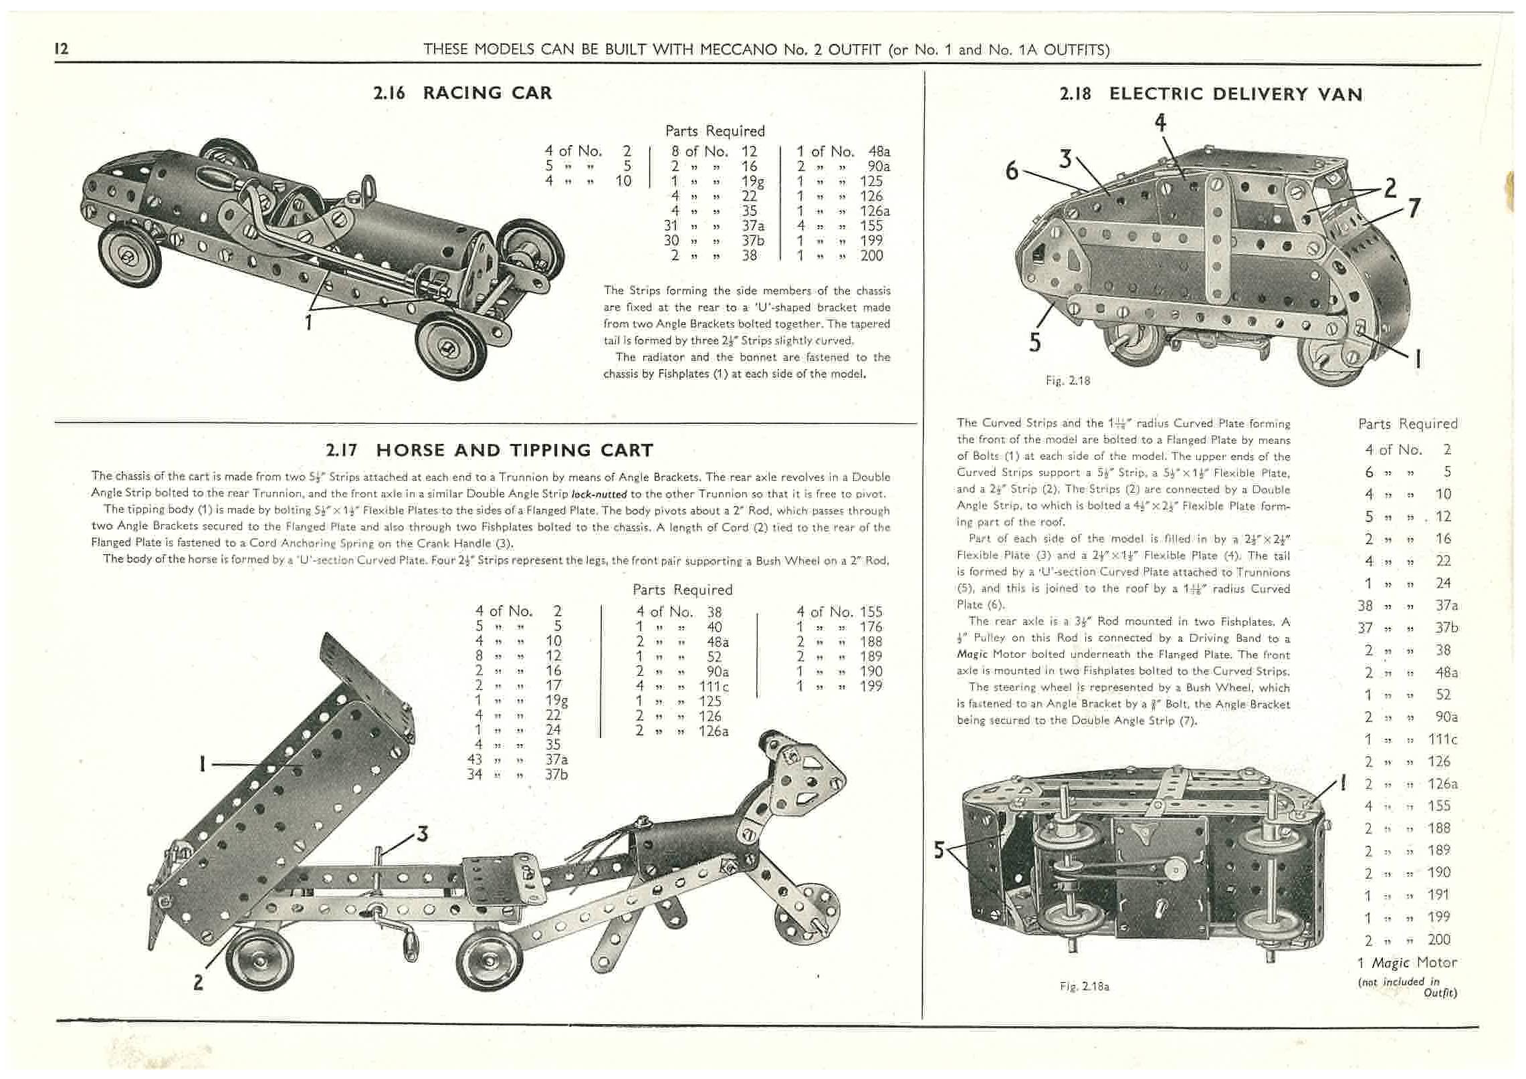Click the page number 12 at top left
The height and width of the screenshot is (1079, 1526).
62,49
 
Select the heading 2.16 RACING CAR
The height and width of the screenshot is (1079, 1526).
463,93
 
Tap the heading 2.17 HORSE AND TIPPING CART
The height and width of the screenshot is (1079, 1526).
489,450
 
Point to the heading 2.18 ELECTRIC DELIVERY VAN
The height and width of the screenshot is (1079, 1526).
1211,94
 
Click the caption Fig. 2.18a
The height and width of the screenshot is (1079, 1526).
1085,986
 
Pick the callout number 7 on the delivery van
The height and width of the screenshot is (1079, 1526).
1414,209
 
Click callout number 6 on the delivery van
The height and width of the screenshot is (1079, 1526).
1012,172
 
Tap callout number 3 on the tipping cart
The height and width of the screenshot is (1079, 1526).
422,834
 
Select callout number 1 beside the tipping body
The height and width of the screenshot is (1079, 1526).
201,763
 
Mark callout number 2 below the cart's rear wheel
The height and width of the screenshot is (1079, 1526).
198,983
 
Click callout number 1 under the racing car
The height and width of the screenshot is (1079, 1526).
308,323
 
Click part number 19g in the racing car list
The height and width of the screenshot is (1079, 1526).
752,181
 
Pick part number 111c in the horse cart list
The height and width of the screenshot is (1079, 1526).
712,687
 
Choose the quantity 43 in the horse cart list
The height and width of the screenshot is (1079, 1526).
475,760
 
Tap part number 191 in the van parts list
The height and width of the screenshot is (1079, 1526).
1438,895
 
